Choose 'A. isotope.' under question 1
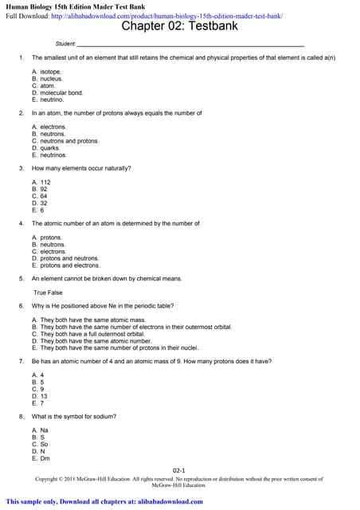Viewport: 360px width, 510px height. pos(46,72)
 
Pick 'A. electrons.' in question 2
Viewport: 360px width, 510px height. pos(49,127)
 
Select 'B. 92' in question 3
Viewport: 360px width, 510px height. pos(39,189)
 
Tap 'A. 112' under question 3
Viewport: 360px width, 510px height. pos(41,182)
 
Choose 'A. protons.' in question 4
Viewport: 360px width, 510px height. pos(46,237)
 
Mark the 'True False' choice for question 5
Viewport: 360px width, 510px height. pos(48,292)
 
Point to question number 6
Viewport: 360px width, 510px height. pos(21,306)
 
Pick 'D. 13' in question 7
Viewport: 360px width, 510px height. pos(39,395)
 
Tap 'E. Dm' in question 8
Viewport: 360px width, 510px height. pos(40,458)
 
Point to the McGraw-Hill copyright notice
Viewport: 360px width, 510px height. pos(179,481)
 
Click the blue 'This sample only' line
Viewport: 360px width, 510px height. pos(104,502)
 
